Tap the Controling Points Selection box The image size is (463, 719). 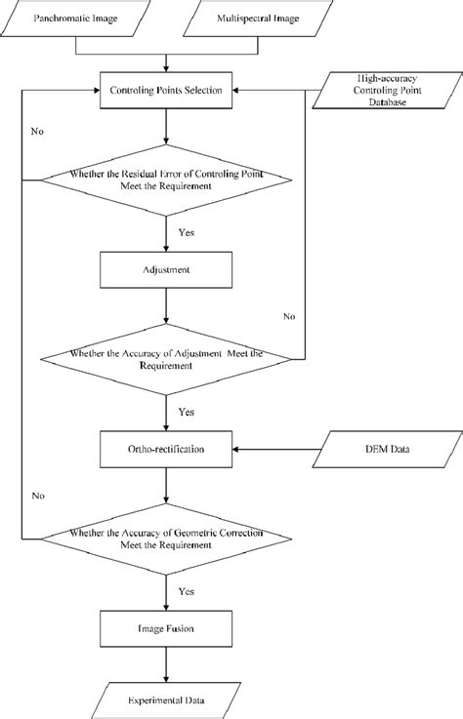pos(165,91)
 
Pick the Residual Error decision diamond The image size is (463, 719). pos(165,180)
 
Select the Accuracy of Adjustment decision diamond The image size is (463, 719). pos(165,358)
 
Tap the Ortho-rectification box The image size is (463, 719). pos(165,450)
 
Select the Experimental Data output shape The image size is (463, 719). pos(165,700)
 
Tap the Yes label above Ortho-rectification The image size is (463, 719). pos(185,412)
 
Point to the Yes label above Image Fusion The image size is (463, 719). pos(185,590)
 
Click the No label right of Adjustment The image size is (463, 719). pos(288,315)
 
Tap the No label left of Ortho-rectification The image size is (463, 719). pos(36,496)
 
